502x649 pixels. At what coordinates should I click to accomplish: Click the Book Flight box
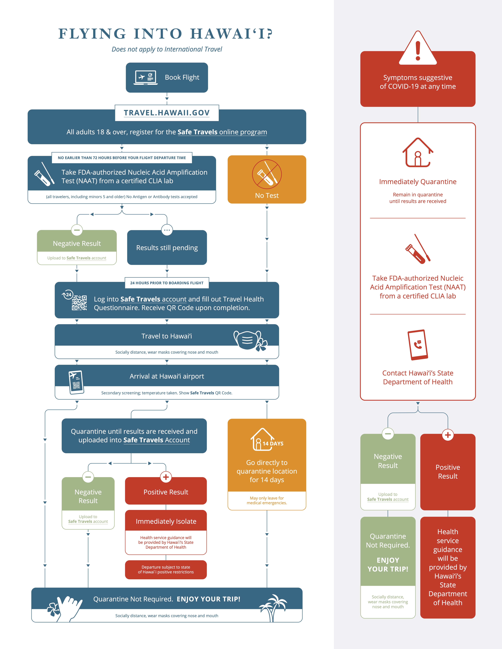[x=167, y=78]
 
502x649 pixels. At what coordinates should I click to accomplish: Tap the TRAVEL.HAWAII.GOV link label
[x=167, y=113]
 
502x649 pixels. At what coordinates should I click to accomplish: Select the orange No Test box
[x=267, y=179]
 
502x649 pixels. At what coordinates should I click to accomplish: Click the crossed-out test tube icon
[x=267, y=174]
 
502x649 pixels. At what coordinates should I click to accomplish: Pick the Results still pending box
[x=167, y=248]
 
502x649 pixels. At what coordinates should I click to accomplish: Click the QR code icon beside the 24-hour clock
[x=79, y=303]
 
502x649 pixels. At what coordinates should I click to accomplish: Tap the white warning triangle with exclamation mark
[x=418, y=48]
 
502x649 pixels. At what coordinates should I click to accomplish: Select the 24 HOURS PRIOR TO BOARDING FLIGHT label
[x=167, y=283]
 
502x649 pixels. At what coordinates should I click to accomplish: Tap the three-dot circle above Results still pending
[x=167, y=230]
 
